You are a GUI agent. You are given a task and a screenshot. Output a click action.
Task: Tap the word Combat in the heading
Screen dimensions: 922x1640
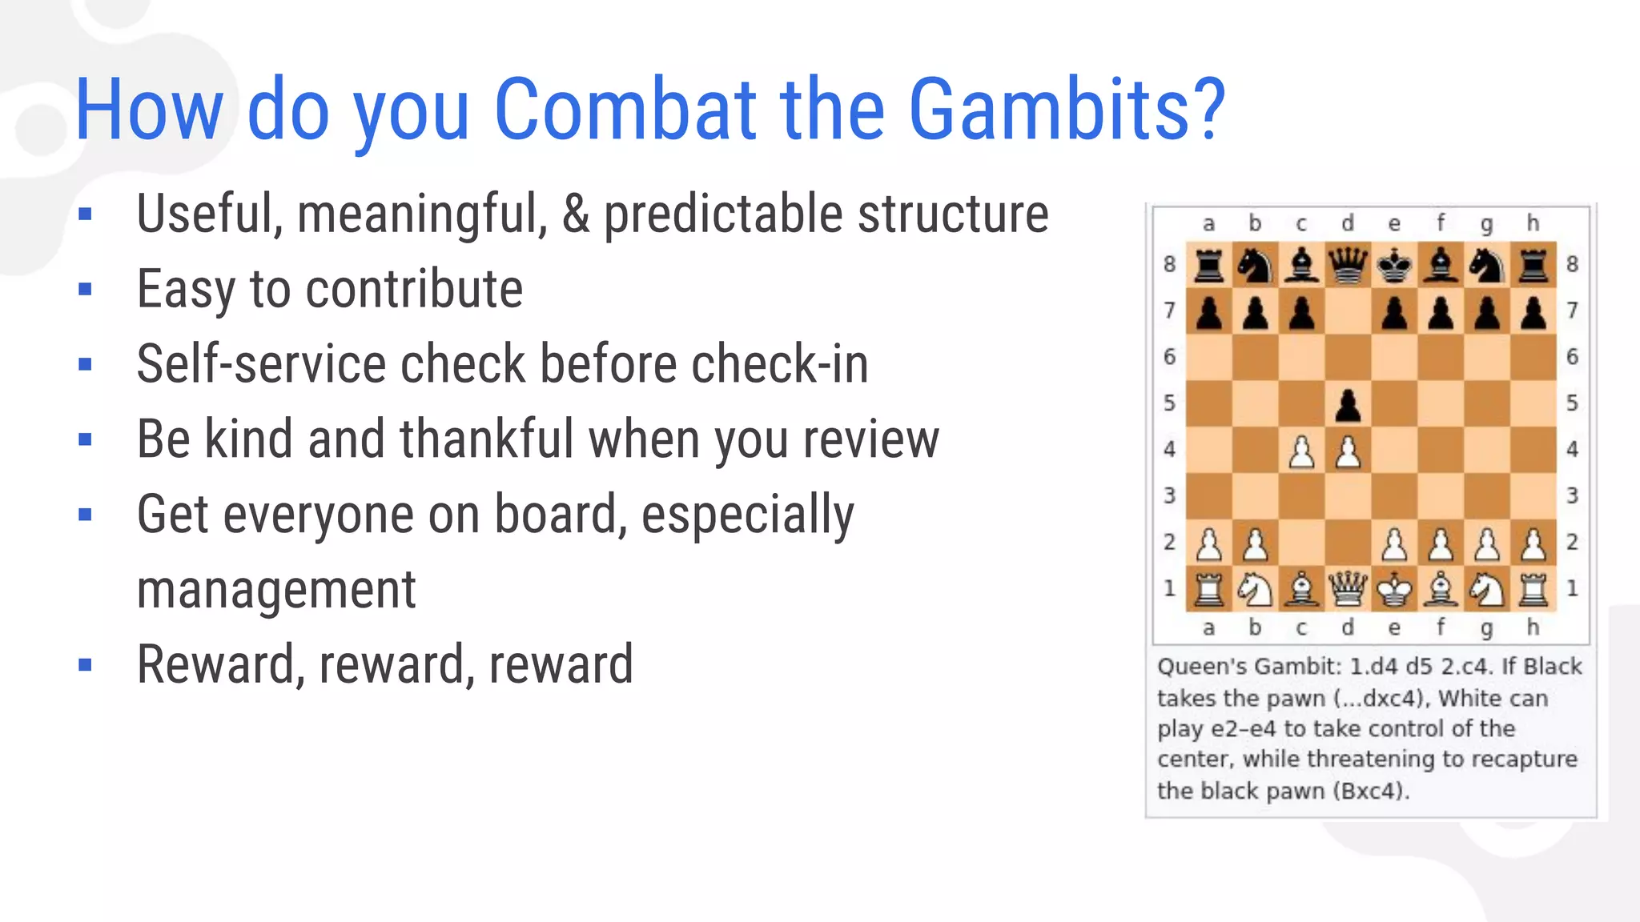[625, 110]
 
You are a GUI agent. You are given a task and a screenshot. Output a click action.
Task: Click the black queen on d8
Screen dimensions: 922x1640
[1349, 264]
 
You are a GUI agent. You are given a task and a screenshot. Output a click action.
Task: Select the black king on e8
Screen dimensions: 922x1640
[1395, 264]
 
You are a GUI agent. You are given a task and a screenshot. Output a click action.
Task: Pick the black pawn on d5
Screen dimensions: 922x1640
[1349, 405]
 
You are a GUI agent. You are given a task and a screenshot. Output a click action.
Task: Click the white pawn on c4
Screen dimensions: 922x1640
[1302, 451]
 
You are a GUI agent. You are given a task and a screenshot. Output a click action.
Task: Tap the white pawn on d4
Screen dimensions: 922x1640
[1349, 451]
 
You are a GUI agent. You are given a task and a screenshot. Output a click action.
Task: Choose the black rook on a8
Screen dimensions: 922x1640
[1209, 264]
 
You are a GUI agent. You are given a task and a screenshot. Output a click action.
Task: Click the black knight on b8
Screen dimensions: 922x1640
[1256, 264]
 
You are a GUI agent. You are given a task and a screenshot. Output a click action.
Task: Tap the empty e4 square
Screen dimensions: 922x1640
[1395, 450]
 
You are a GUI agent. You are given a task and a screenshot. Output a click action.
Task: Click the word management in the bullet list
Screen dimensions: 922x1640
[276, 591]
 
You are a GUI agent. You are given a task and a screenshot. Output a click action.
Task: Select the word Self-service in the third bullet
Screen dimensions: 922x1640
[261, 364]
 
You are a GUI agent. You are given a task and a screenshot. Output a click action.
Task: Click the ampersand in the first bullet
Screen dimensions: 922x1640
[575, 214]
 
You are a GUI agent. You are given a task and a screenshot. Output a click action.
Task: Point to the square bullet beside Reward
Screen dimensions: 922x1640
[86, 664]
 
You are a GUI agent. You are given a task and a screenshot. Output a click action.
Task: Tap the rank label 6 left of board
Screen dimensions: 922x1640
[1169, 357]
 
